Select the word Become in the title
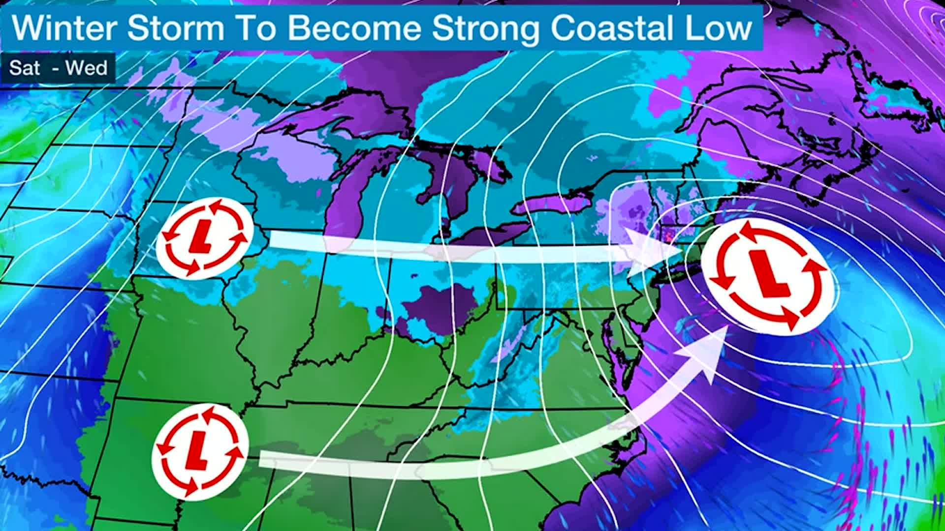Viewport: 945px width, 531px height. tap(354, 28)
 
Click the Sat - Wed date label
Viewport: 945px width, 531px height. tap(58, 68)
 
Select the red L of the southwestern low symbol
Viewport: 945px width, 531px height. tap(198, 451)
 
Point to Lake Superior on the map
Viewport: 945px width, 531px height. tap(335, 123)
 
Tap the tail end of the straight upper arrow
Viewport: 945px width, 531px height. tap(276, 240)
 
